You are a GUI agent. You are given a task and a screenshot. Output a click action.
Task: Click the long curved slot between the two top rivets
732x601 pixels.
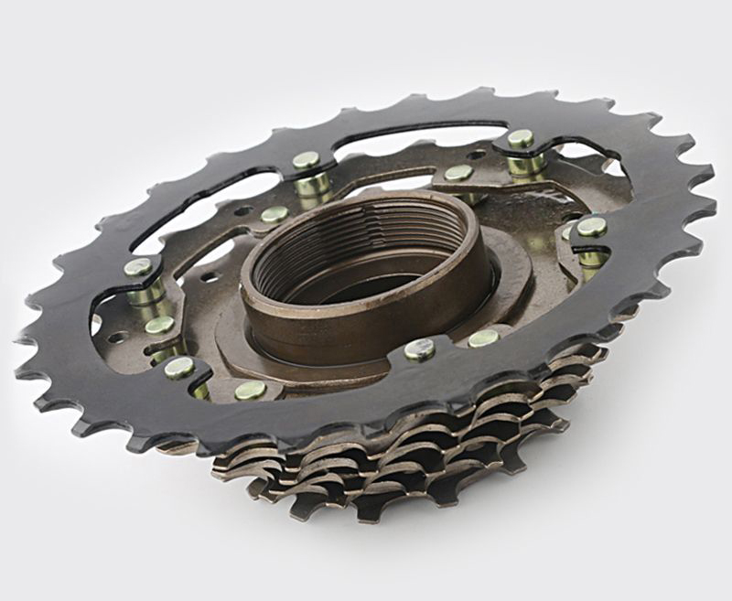pyautogui.click(x=412, y=137)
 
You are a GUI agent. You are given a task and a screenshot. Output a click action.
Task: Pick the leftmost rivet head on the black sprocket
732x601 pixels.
pyautogui.click(x=138, y=268)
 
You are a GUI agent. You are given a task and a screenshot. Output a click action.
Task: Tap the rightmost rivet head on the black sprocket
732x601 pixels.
pyautogui.click(x=590, y=226)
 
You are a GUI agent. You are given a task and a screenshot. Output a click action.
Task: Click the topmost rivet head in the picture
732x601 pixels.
pyautogui.click(x=521, y=138)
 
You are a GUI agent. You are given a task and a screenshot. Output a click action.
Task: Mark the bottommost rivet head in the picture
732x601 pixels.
pyautogui.click(x=250, y=390)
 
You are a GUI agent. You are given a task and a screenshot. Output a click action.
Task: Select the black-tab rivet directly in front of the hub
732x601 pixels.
pyautogui.click(x=419, y=349)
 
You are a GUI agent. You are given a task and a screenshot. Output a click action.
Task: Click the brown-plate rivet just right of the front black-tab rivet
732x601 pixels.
pyautogui.click(x=483, y=338)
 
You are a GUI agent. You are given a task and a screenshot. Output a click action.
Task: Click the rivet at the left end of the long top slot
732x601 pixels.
pyautogui.click(x=307, y=161)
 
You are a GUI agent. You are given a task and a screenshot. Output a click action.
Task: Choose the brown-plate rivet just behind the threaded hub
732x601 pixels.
pyautogui.click(x=458, y=172)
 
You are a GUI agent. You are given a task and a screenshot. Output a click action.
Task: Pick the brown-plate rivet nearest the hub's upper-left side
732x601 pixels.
pyautogui.click(x=274, y=214)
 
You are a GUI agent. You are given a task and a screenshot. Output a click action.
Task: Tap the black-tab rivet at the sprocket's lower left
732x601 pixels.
pyautogui.click(x=178, y=367)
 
